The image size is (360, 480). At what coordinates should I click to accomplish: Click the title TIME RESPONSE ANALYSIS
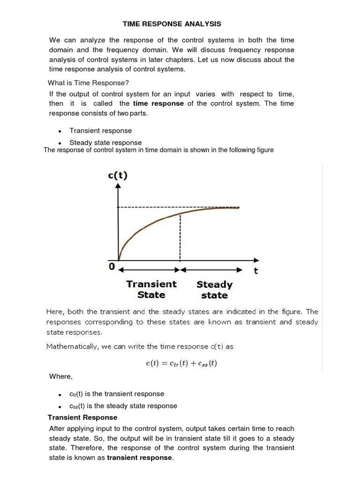[x=172, y=23]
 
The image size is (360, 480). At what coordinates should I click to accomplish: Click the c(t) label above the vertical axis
[x=118, y=176]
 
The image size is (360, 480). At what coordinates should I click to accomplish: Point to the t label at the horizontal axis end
[x=256, y=270]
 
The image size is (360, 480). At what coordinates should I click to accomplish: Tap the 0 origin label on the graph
[x=112, y=266]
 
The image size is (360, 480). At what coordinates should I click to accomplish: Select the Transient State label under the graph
[x=151, y=289]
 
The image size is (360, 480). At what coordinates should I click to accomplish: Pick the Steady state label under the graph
[x=214, y=290]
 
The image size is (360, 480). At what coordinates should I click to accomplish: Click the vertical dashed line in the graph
[x=180, y=239]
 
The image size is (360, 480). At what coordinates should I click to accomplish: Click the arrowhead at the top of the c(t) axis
[x=118, y=186]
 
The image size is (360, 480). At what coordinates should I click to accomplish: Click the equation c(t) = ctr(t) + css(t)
[x=180, y=363]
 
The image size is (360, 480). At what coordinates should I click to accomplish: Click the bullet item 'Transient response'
[x=100, y=131]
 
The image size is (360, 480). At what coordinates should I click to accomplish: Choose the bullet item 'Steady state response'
[x=105, y=142]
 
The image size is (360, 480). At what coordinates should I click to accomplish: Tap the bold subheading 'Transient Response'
[x=82, y=417]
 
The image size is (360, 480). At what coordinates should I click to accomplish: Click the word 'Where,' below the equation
[x=61, y=376]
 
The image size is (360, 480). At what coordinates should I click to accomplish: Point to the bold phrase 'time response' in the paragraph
[x=158, y=104]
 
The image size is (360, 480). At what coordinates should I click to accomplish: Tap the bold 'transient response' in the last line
[x=140, y=457]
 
